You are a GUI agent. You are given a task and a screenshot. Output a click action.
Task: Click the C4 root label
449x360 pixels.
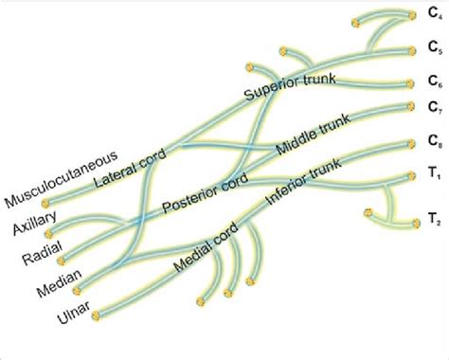[x=434, y=15]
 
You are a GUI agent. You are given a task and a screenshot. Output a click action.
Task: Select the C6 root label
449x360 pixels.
[x=434, y=83]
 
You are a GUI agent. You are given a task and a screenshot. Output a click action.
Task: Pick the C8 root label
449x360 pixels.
[x=434, y=144]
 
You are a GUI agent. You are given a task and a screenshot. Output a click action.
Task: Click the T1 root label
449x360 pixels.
[x=434, y=177]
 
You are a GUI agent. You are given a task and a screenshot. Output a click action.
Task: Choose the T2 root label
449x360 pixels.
[x=434, y=225]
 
